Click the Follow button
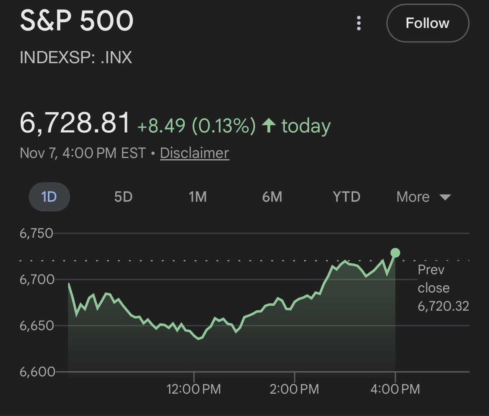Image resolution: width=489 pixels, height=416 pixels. pos(427,23)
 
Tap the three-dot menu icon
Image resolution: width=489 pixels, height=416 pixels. pos(359,23)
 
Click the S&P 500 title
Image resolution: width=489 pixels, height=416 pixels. pos(77,21)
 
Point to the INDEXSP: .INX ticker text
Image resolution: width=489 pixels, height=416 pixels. pos(76,57)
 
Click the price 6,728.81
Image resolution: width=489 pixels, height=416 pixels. pos(75,123)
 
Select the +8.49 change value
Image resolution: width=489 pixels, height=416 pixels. pos(161,126)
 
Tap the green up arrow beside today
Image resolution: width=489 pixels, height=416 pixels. pos(269,125)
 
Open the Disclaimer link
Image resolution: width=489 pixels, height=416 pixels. pos(194,153)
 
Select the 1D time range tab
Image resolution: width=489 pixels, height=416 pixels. pos(49,197)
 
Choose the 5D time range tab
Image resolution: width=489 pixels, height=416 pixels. pos(123,197)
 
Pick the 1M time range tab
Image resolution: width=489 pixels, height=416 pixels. pos(198,197)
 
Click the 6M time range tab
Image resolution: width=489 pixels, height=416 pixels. pos(272,197)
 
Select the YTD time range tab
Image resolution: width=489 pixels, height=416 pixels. pos(346,197)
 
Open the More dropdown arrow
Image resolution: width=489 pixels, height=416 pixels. pos(445,197)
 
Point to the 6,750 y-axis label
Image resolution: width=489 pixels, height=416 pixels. pos(36,233)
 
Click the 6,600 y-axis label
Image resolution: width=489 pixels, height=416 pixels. pos(36,372)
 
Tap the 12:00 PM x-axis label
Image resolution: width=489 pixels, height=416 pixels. pos(194,389)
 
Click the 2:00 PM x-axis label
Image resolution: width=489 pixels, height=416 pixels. pos(294,389)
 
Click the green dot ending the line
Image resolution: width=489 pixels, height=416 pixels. pos(395,253)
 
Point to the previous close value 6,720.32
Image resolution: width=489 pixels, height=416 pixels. pos(443,306)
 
